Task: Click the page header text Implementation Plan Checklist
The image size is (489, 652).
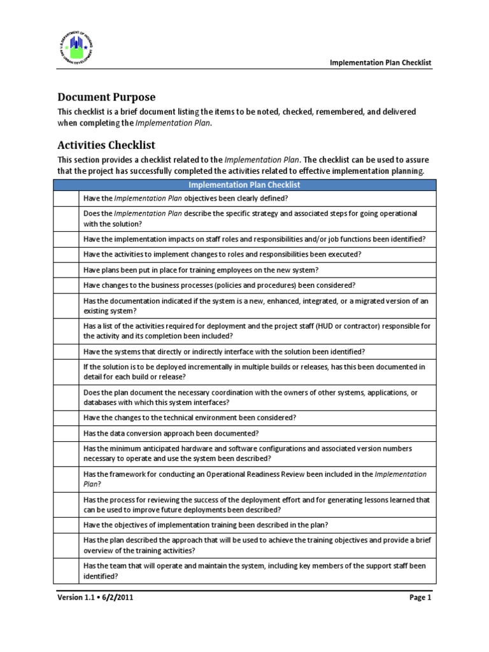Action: click(380, 62)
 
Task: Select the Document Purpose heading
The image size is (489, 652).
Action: click(106, 97)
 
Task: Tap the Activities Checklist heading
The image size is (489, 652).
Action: click(106, 145)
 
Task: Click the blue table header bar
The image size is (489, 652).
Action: click(245, 185)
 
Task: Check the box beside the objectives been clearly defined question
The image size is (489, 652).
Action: click(66, 198)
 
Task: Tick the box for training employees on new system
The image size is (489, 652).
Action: click(66, 269)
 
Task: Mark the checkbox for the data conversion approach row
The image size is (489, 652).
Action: click(66, 433)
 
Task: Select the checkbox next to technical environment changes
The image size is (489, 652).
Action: click(66, 418)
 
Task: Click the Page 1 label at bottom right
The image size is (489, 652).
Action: click(420, 597)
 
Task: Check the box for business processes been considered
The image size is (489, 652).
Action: click(66, 285)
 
